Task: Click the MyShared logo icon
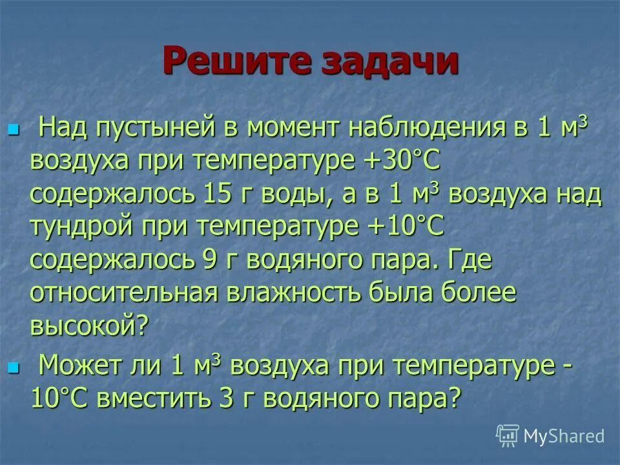tap(508, 436)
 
